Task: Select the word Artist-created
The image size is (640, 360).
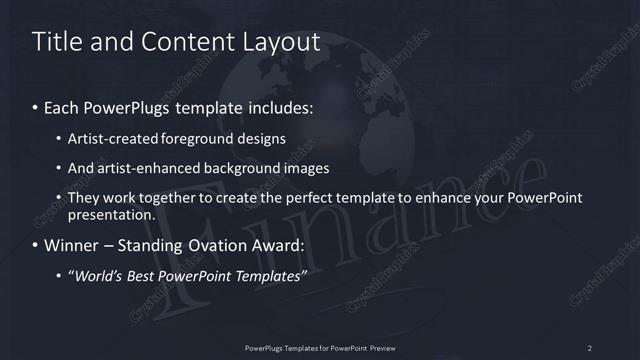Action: click(115, 138)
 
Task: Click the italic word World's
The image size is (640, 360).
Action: click(98, 276)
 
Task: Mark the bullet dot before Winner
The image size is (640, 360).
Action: click(36, 245)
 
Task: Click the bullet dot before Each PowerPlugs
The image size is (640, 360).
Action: click(36, 105)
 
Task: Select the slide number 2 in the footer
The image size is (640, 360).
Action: click(590, 347)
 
